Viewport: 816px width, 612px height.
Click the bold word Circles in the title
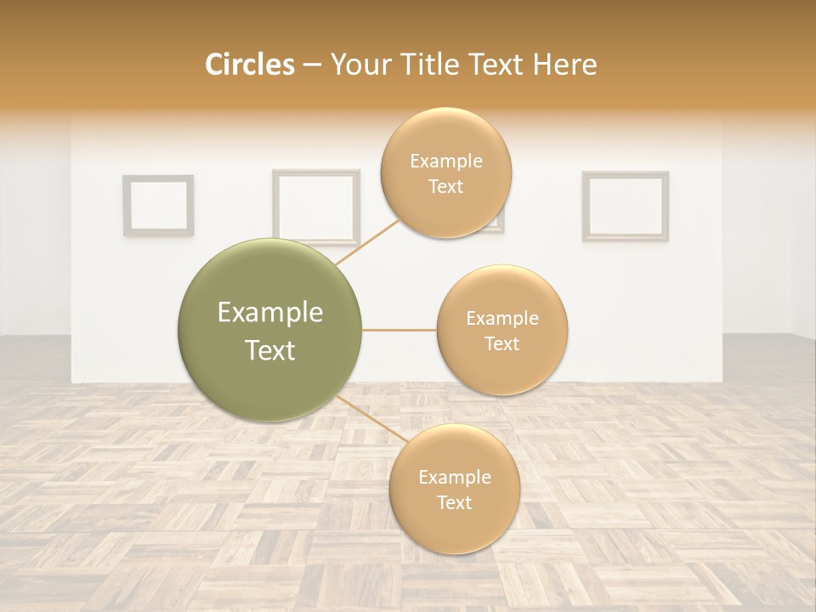(x=249, y=65)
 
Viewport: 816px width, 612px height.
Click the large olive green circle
(x=269, y=330)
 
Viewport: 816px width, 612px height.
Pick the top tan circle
(x=445, y=173)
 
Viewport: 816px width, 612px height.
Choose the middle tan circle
(x=501, y=330)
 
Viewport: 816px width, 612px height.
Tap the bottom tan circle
(x=454, y=489)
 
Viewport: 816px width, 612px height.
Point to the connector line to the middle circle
(x=399, y=330)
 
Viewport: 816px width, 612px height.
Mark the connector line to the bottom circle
(x=371, y=419)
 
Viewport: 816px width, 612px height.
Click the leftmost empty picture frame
(x=158, y=205)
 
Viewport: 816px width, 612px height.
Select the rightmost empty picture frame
(x=625, y=205)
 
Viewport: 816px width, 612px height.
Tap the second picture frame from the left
(x=315, y=206)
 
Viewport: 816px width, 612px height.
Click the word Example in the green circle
(x=269, y=313)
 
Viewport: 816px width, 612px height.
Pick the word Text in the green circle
(x=269, y=350)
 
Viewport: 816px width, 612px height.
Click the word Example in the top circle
(x=445, y=161)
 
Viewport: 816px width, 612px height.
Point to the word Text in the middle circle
(x=501, y=344)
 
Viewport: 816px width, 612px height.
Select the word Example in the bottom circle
(x=454, y=478)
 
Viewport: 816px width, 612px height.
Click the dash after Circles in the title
(x=311, y=65)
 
